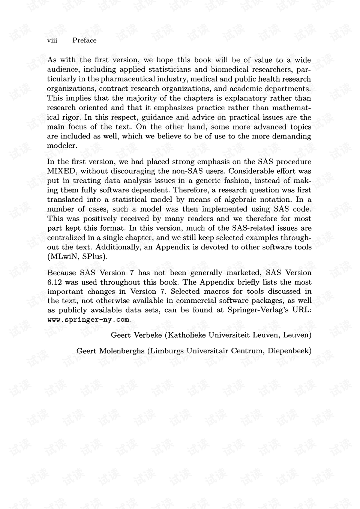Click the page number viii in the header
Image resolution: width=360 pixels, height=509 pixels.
[x=52, y=41]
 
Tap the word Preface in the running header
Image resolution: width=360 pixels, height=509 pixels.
[x=84, y=41]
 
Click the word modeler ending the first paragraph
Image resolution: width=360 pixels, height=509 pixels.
[x=61, y=146]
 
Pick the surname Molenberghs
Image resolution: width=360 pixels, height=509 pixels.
[x=121, y=351]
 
